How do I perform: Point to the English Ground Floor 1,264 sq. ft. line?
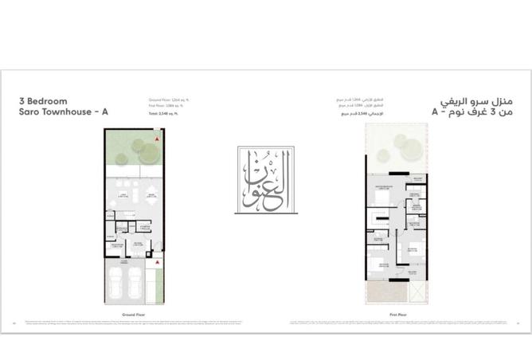(x=170, y=100)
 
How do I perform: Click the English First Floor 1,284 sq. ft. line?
(x=169, y=105)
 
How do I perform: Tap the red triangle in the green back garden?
(x=158, y=139)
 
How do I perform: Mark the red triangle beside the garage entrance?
(x=158, y=260)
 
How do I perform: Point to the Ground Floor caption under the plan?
(x=133, y=315)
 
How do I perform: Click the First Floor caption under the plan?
(x=398, y=315)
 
